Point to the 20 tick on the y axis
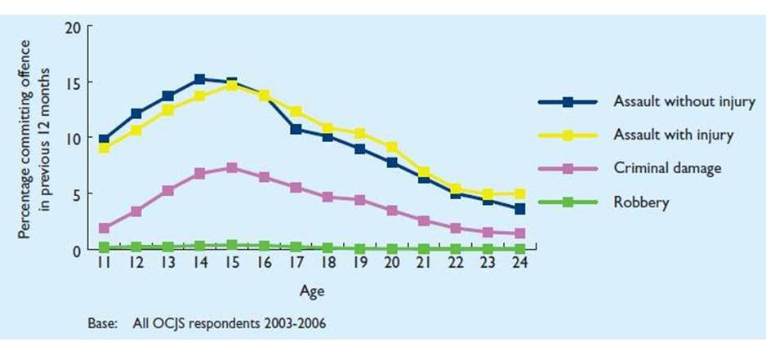73,27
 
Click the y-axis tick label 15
73,82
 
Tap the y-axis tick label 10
73,138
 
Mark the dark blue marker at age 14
199,80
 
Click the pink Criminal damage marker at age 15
232,168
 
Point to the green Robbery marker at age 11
103,247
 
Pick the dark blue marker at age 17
296,129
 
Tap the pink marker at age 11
103,229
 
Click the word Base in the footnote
101,322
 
